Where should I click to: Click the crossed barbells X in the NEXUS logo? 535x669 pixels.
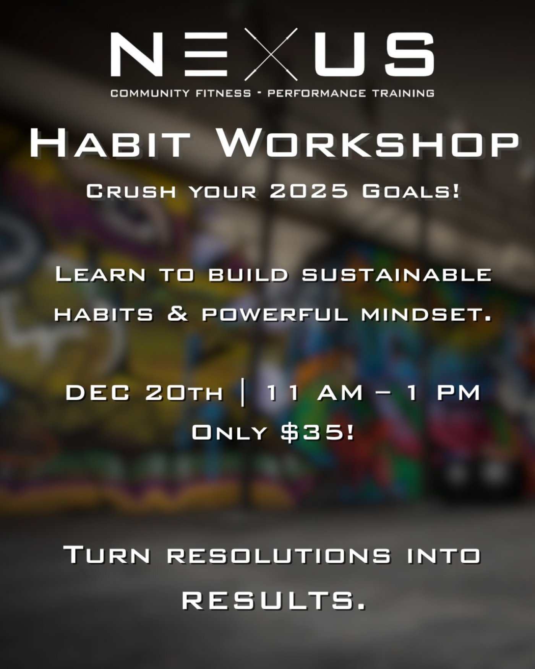271,54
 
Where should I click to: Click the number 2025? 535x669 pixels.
309,191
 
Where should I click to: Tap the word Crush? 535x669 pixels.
131,191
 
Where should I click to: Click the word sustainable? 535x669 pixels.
396,275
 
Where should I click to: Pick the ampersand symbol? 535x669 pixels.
177,315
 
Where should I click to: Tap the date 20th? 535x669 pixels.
184,393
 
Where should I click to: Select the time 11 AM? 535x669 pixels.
315,393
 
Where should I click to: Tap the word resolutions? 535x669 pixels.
279,555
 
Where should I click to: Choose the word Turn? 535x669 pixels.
107,555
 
